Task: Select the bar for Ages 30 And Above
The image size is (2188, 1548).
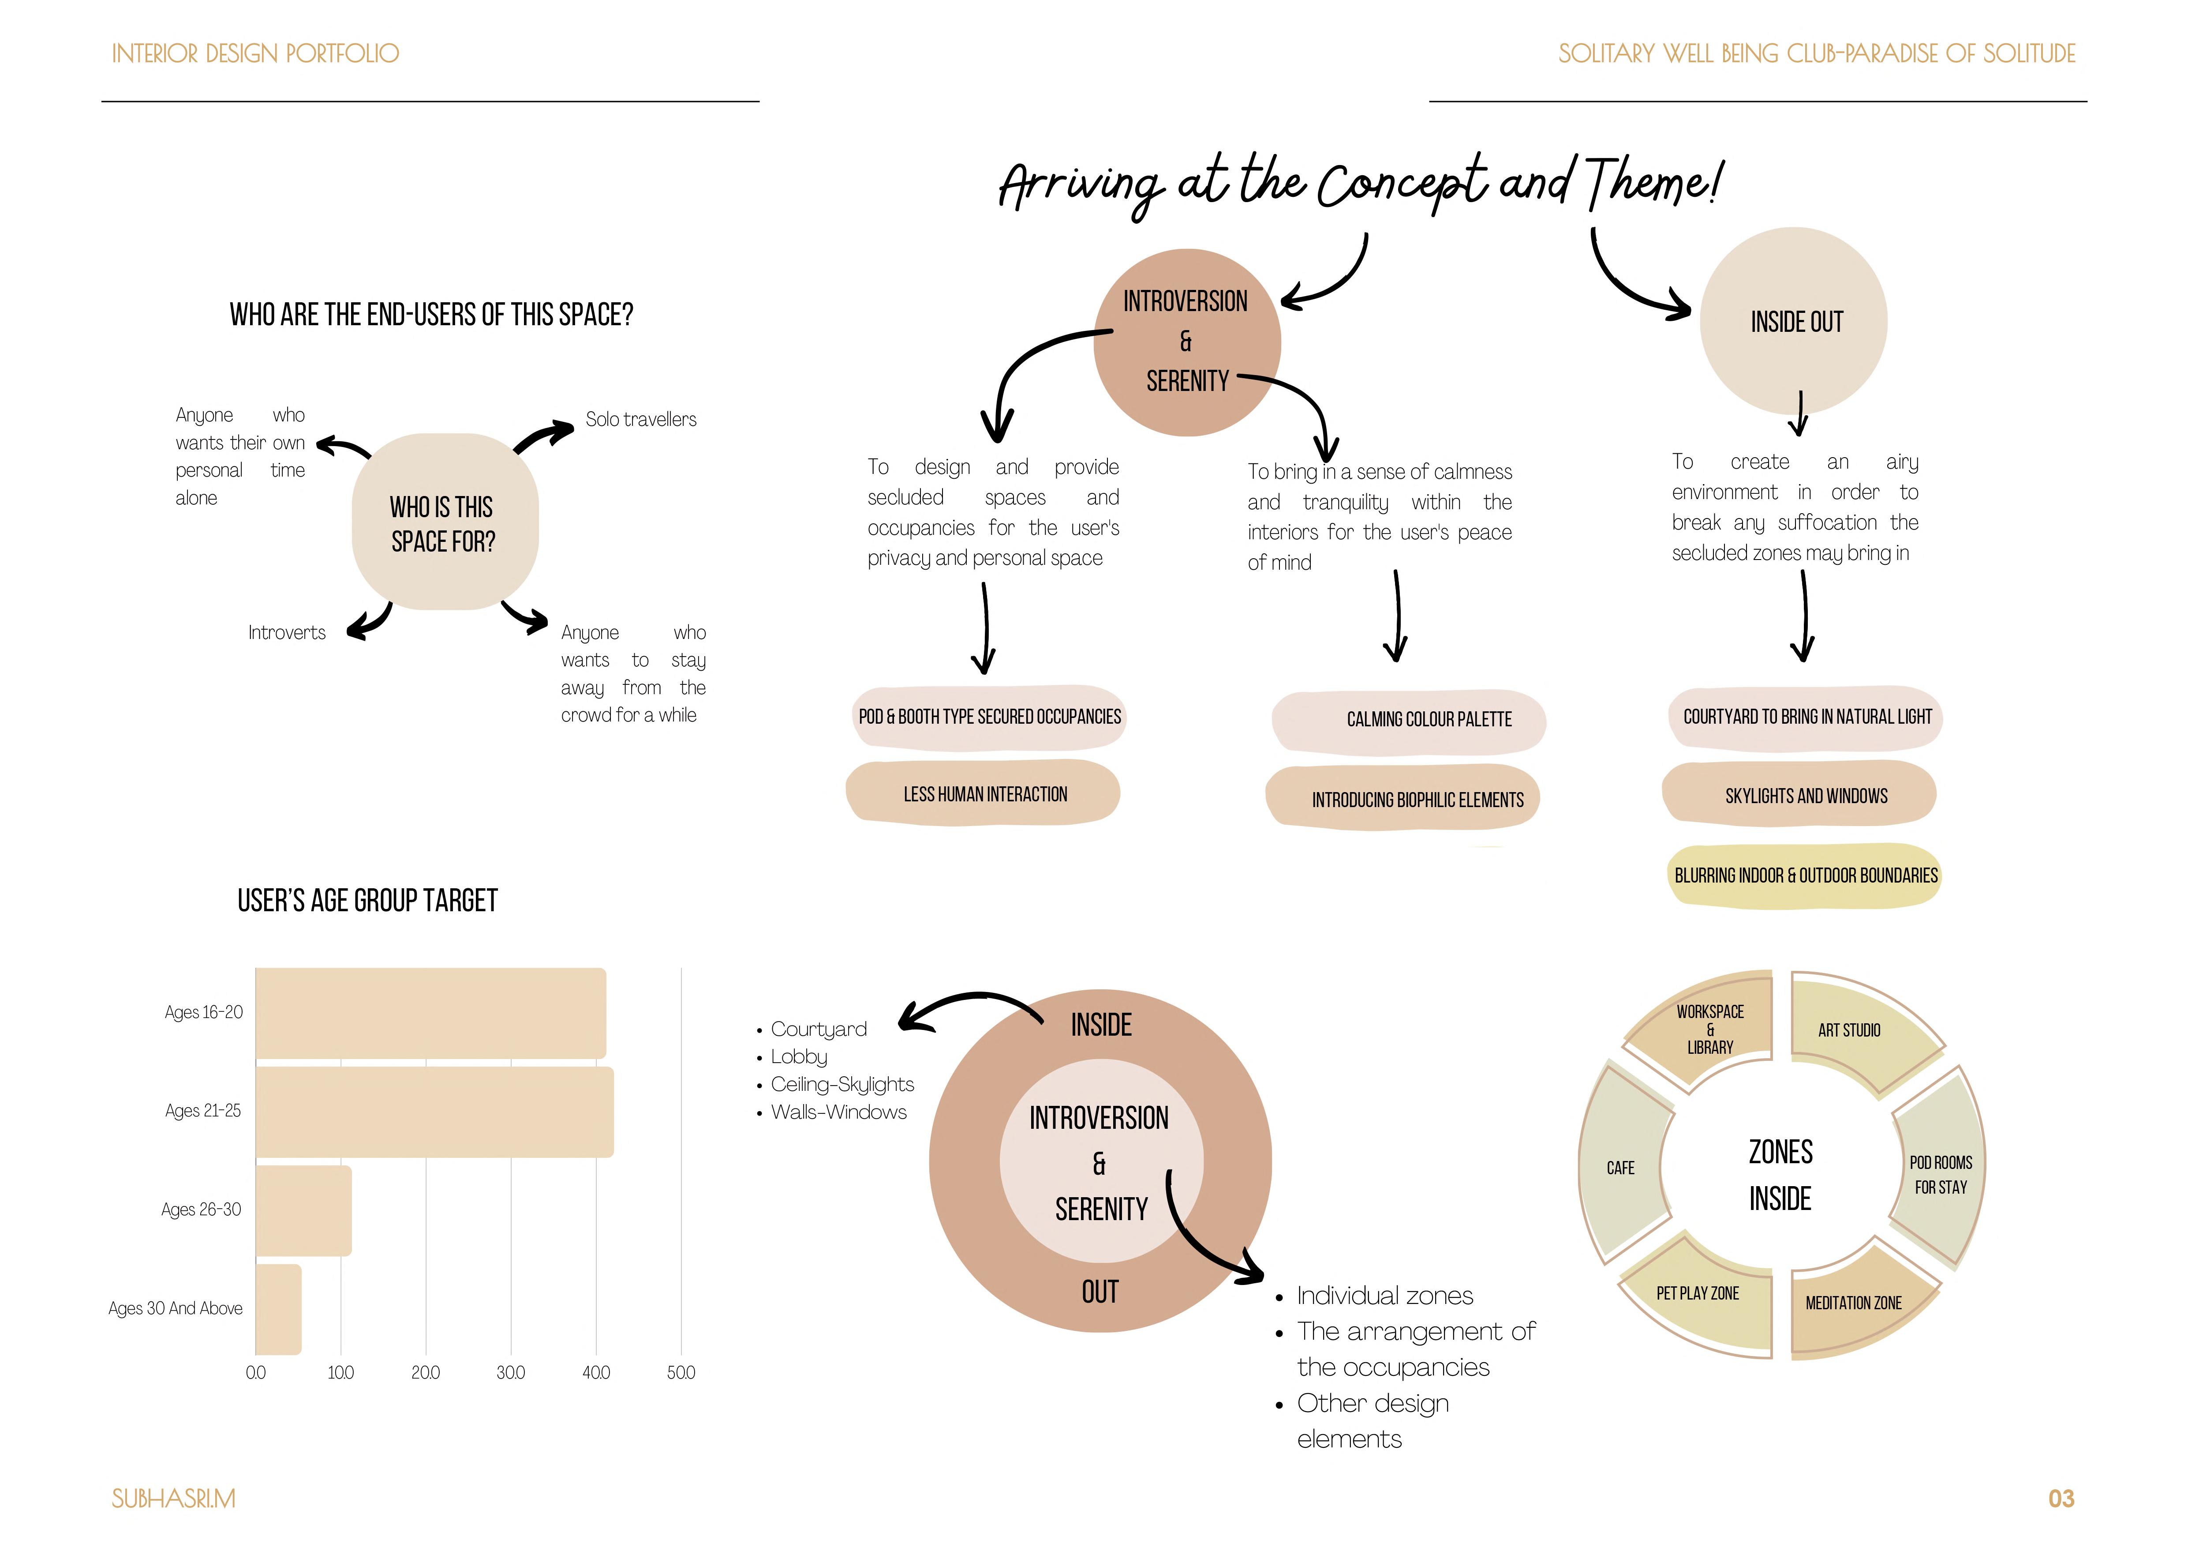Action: (x=278, y=1309)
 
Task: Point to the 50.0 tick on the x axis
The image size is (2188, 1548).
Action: (x=681, y=1373)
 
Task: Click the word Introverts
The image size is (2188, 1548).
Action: (x=287, y=633)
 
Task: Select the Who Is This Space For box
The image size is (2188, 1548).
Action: (x=444, y=522)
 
